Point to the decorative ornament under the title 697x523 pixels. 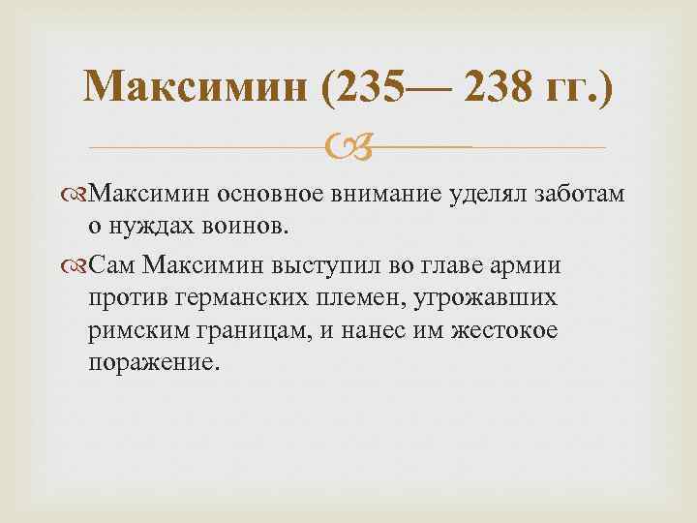(x=348, y=146)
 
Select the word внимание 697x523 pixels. (x=381, y=195)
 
